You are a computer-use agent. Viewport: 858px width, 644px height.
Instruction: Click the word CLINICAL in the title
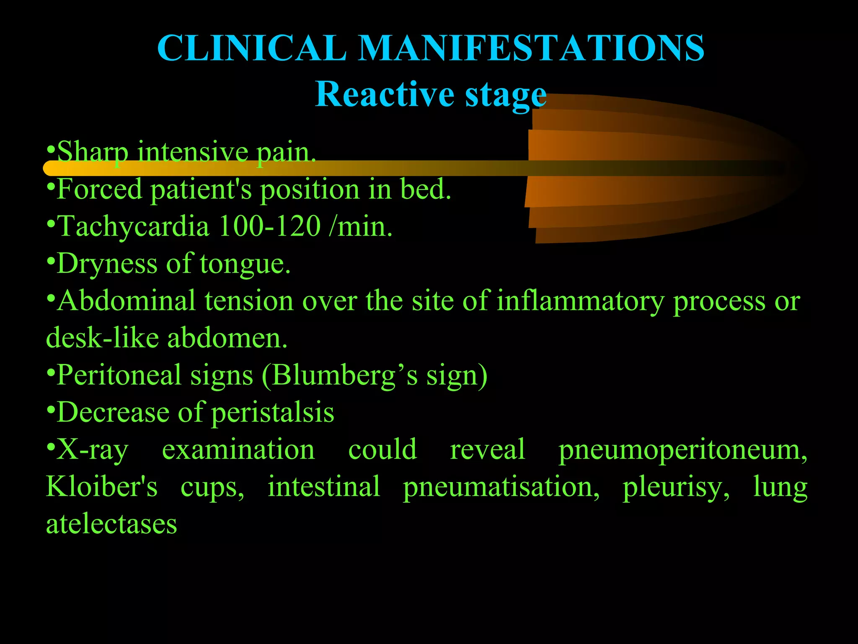(252, 48)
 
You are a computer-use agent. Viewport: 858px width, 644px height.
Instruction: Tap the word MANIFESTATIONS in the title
(532, 48)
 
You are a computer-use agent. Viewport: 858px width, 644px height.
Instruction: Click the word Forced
(99, 189)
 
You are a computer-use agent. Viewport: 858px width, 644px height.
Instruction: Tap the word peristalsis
(272, 413)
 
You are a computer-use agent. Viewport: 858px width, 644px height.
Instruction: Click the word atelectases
(111, 525)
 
